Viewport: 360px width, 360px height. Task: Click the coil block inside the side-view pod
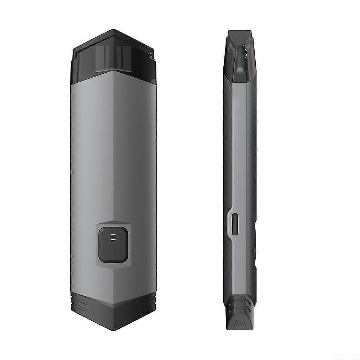pyautogui.click(x=238, y=68)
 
